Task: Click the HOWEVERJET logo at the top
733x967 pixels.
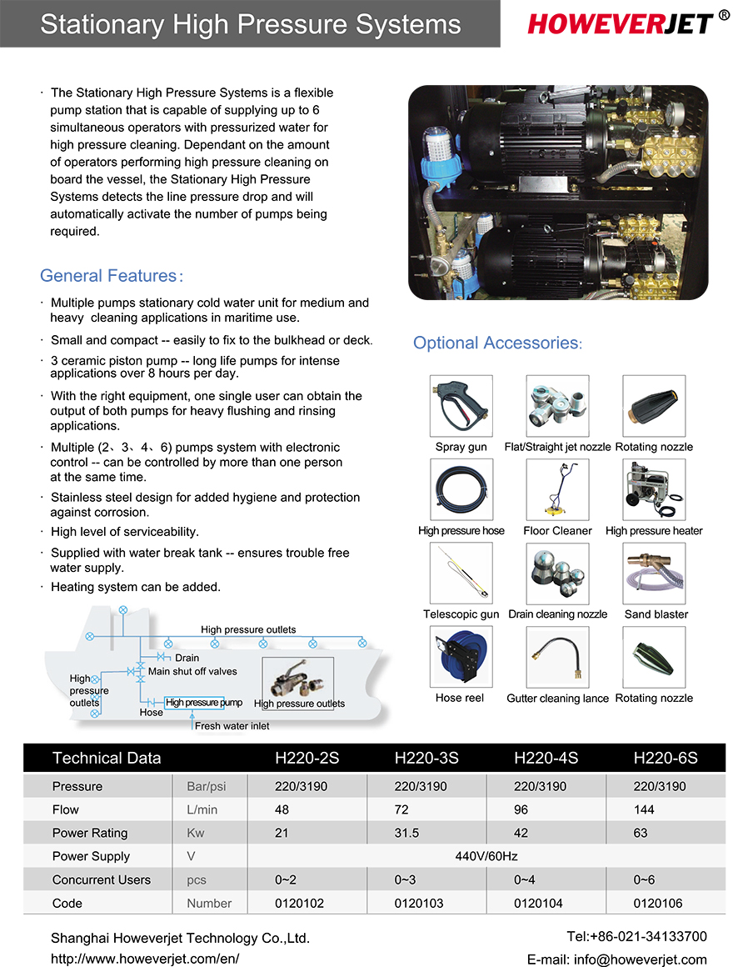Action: [x=620, y=23]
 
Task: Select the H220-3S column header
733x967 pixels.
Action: [x=426, y=758]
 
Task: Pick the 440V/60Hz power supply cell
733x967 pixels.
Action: [x=486, y=856]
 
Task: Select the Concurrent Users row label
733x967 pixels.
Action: [x=102, y=879]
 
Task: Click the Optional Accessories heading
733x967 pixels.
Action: [x=497, y=343]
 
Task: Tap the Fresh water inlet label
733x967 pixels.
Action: [x=232, y=726]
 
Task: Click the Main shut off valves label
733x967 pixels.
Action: [x=192, y=671]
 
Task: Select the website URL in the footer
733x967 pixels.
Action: [x=145, y=959]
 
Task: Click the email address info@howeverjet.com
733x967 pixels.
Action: [x=616, y=959]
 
